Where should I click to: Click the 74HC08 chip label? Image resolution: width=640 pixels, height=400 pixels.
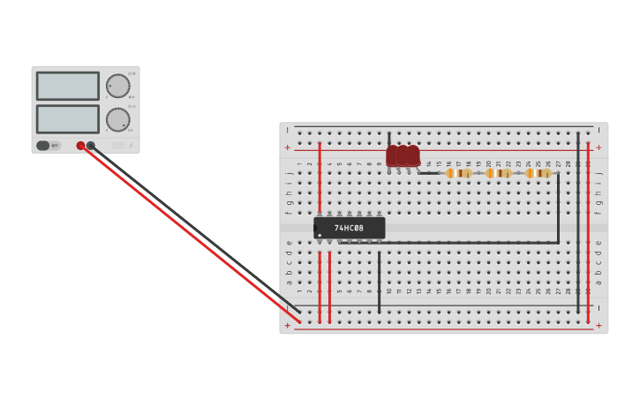click(x=349, y=228)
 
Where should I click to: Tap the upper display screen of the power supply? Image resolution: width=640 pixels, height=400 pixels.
click(x=67, y=86)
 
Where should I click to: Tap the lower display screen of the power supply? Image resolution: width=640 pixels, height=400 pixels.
click(x=67, y=118)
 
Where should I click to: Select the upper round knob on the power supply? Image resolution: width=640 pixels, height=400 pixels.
click(x=117, y=86)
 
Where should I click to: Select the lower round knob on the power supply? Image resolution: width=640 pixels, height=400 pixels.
click(x=117, y=119)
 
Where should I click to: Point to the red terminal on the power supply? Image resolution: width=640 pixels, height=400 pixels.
click(x=80, y=146)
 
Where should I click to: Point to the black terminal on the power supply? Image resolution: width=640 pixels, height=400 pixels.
click(x=91, y=146)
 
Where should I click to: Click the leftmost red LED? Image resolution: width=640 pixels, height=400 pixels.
click(x=393, y=155)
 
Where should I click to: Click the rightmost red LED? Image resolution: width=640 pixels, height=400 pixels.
click(x=413, y=155)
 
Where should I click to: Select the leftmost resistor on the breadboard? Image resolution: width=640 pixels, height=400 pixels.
click(x=459, y=173)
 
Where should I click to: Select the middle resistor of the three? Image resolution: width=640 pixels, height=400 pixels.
click(x=499, y=173)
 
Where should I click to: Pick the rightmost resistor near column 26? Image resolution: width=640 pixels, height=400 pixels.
click(x=538, y=173)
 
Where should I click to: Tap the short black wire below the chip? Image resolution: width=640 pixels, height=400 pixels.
click(x=380, y=283)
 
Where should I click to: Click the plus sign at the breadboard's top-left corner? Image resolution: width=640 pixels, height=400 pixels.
click(x=287, y=147)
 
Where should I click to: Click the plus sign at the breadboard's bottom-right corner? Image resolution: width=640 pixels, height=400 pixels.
click(x=599, y=325)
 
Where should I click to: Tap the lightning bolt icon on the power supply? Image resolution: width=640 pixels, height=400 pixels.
click(x=132, y=146)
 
